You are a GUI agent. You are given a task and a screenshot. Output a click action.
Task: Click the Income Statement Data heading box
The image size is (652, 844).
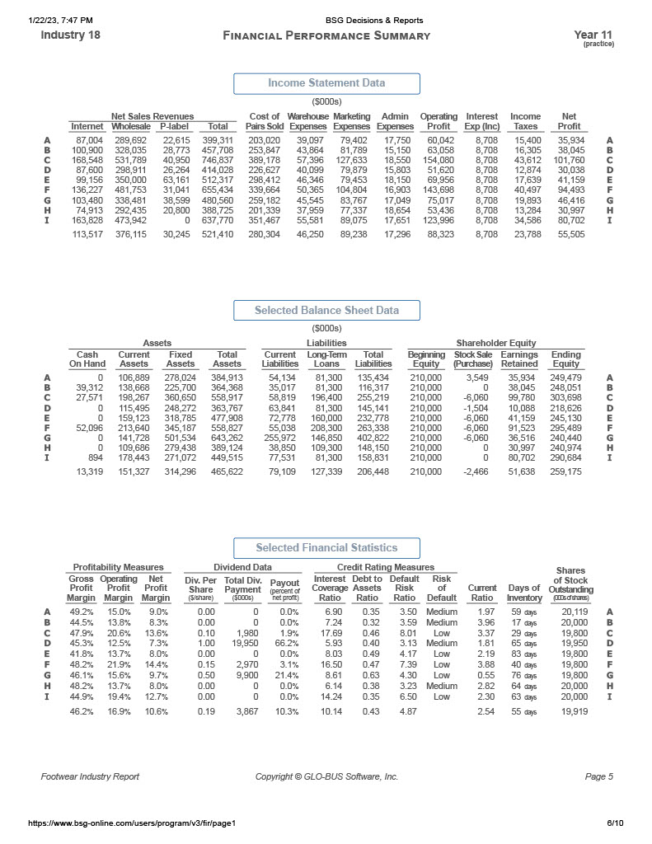coord(326,83)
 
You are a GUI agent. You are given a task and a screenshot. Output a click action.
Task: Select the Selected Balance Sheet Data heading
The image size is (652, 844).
coord(326,311)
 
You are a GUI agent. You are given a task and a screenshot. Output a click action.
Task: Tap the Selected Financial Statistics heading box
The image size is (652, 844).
coord(326,548)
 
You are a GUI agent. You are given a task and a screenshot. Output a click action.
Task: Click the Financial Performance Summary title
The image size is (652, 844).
coord(326,35)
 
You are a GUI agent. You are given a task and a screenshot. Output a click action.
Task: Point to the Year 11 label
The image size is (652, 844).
coord(593,35)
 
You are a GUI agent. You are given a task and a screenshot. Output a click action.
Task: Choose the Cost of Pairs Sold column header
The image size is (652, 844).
coord(265,121)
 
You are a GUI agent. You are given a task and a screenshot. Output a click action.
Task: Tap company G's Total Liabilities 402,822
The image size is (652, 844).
coord(373,437)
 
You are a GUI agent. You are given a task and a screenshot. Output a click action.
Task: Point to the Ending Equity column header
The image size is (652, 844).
coord(565,359)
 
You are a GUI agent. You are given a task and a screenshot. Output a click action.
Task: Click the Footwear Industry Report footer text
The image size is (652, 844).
coord(90,776)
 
